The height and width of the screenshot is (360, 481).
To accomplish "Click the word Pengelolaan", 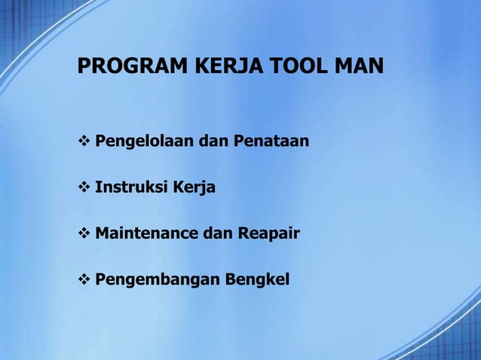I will (x=144, y=141).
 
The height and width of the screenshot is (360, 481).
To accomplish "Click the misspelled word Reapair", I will (x=269, y=233).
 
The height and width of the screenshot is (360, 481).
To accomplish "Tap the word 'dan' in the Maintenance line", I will (x=217, y=233).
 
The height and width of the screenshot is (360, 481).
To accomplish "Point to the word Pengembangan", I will (x=148, y=280).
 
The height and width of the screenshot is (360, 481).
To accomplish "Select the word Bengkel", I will (x=247, y=280).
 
